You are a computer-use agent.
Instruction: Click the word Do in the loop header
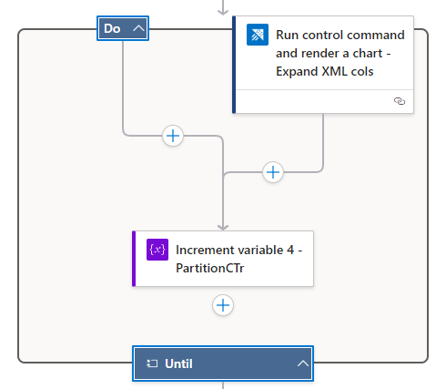(x=112, y=28)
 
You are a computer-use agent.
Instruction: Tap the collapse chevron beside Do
(x=138, y=28)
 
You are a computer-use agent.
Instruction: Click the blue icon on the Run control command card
(x=258, y=36)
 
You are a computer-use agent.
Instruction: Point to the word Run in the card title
(x=290, y=35)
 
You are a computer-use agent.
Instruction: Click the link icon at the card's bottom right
(x=399, y=101)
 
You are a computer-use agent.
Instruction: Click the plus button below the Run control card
(x=272, y=171)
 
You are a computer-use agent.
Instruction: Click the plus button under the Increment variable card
(x=223, y=305)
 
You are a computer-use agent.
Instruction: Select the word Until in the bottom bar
(x=178, y=363)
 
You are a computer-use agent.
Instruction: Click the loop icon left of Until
(x=153, y=363)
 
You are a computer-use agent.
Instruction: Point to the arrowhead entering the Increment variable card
(x=223, y=226)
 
